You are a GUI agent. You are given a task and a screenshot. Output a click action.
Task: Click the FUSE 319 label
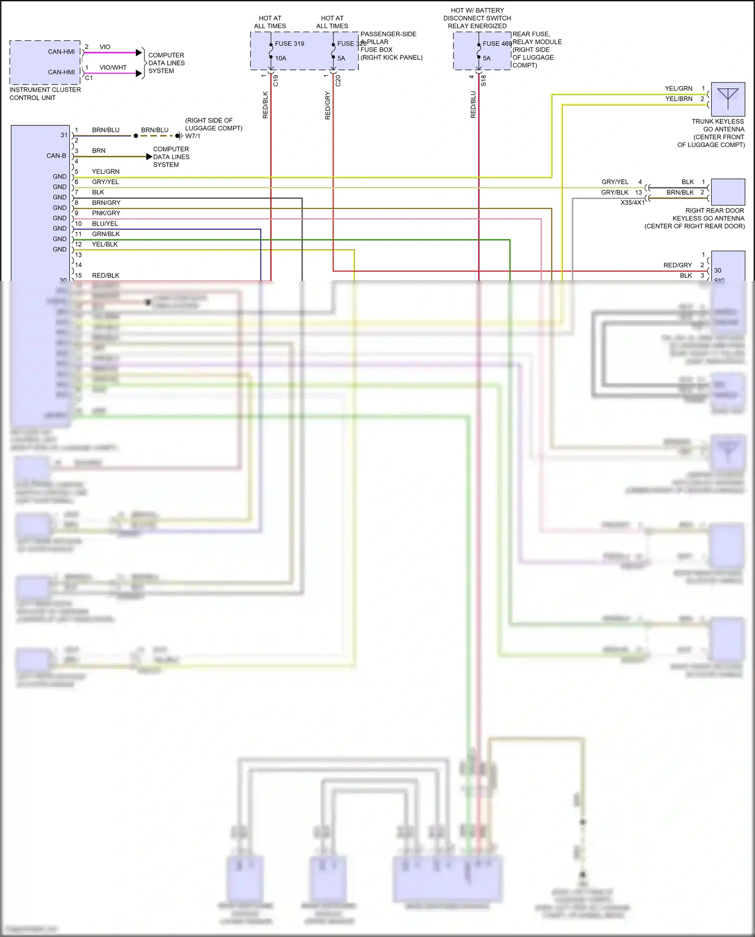tap(289, 44)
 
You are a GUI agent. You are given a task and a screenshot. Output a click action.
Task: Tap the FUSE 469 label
tap(497, 44)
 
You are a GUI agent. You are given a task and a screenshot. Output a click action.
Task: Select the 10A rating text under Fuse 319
tap(281, 58)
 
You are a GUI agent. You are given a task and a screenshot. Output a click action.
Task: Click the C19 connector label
tap(275, 81)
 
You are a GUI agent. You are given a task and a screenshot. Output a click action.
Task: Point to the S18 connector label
tap(483, 81)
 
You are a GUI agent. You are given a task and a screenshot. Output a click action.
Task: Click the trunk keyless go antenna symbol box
tap(728, 99)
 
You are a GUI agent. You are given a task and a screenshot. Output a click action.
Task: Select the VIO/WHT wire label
tap(113, 67)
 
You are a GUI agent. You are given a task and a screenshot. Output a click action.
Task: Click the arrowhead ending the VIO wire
tap(139, 52)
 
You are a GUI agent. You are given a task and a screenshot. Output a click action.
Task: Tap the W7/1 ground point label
tap(192, 136)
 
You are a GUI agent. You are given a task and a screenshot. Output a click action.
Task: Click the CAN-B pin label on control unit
tap(56, 156)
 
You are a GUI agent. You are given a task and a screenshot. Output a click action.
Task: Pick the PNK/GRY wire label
tap(106, 213)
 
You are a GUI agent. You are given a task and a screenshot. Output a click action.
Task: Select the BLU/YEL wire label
tap(105, 224)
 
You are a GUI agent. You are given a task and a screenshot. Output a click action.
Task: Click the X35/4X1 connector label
tap(632, 202)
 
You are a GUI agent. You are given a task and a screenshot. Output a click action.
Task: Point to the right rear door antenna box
tap(728, 192)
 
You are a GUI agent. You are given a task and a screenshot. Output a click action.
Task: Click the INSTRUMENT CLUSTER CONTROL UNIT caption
tap(45, 94)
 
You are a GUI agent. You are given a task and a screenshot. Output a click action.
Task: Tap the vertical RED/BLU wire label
tap(473, 105)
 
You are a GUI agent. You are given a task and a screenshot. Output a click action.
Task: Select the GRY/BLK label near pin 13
tap(615, 192)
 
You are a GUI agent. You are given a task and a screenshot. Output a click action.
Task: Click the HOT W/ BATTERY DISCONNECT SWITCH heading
tap(477, 18)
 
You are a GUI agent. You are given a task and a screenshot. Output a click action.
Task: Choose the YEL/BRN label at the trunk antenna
tap(678, 99)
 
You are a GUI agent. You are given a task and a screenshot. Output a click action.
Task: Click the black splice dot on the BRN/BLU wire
tap(136, 136)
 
